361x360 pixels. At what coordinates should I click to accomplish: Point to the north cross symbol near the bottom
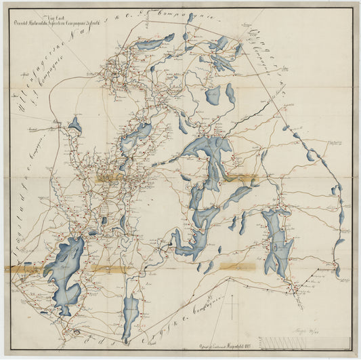(232, 306)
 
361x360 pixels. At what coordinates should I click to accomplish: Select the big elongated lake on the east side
(277, 241)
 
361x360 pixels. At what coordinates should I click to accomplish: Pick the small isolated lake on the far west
(75, 125)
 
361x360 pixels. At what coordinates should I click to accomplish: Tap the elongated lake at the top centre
(152, 43)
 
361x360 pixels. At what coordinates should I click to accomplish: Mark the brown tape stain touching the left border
(20, 269)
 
